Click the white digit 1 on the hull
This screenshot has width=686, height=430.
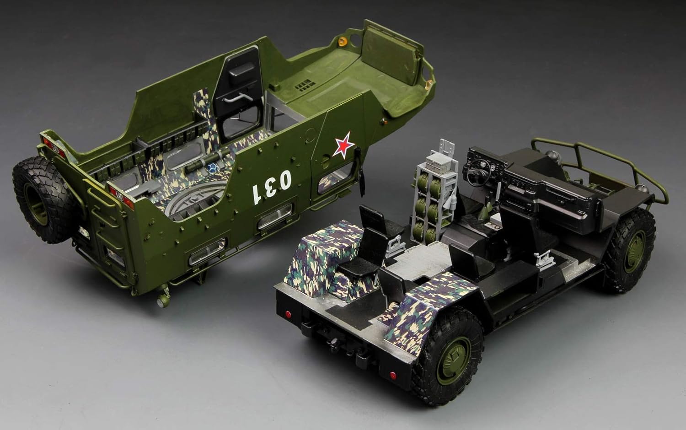(x=256, y=194)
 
